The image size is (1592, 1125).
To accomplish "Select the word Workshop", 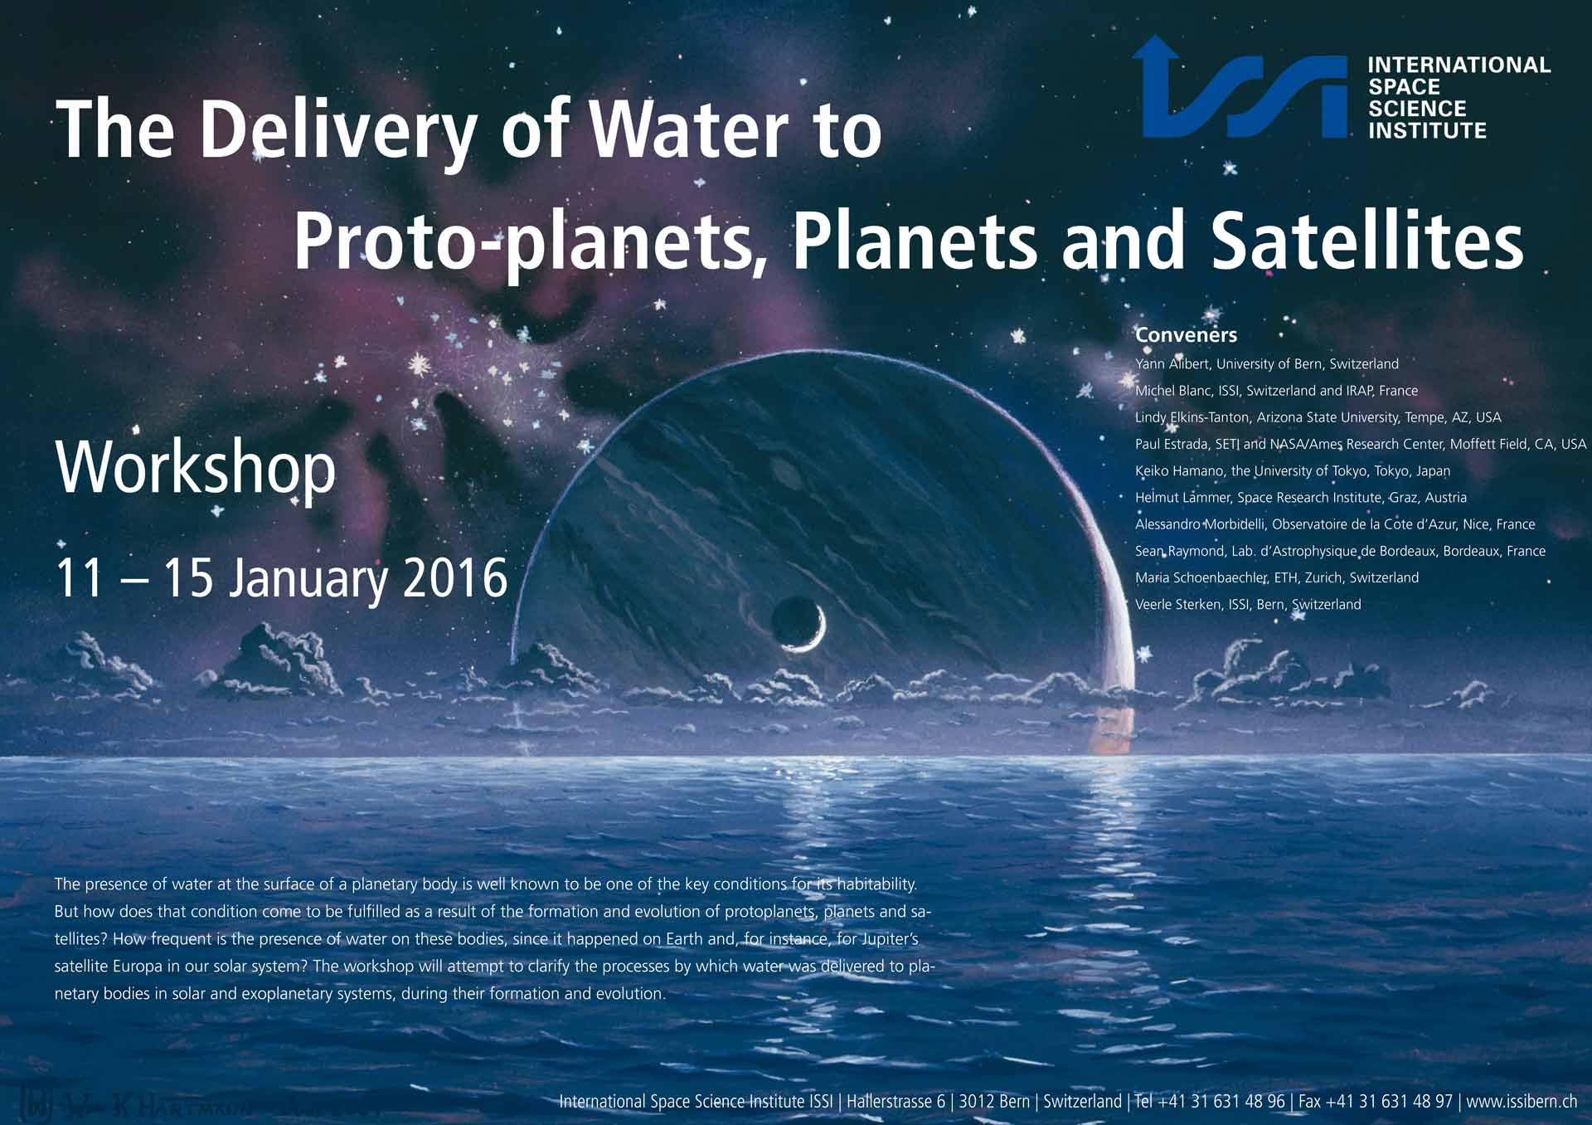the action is click(196, 469).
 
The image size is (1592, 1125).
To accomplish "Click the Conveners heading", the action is click(1186, 335).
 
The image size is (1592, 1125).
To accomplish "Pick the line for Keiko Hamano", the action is click(1293, 471).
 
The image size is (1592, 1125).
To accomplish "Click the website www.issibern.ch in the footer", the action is click(1522, 1102).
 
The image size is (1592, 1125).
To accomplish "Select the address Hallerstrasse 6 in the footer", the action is click(895, 1102).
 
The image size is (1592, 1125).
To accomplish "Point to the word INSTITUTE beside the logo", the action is click(1427, 131).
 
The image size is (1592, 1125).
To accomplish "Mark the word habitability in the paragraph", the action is click(876, 884).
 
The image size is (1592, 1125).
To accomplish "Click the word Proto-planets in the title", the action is click(523, 242).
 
